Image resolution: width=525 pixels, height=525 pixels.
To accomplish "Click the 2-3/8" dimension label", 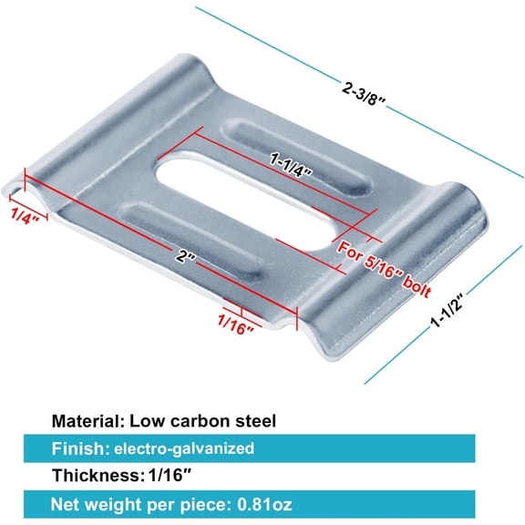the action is click(x=364, y=93).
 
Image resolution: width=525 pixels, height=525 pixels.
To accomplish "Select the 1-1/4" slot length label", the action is click(x=291, y=166).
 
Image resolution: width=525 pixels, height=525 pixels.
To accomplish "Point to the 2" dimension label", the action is click(x=185, y=256).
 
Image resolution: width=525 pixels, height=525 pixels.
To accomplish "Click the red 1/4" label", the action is click(x=25, y=216).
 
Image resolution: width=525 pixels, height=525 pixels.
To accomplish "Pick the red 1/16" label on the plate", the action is click(x=236, y=324).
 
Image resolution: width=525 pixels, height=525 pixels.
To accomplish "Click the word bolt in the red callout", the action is click(x=417, y=287).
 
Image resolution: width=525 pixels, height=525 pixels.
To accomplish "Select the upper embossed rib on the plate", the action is click(x=296, y=157).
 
